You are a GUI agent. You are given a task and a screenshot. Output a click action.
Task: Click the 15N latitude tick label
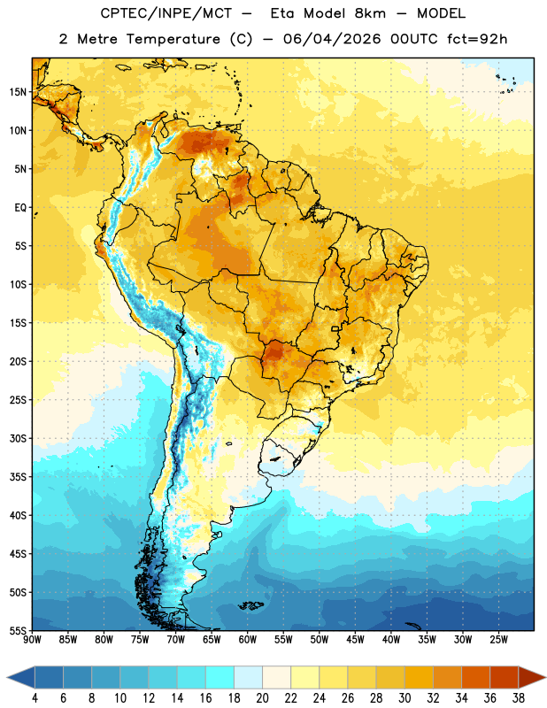[x=18, y=92]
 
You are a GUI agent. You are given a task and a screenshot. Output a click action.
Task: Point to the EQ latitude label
[x=20, y=208]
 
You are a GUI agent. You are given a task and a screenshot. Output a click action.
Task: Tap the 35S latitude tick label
[x=18, y=477]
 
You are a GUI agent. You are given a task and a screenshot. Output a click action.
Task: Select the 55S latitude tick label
[x=18, y=631]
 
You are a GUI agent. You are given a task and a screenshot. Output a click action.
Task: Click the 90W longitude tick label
[x=32, y=640]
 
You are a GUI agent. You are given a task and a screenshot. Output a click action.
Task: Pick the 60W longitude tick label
[x=248, y=640]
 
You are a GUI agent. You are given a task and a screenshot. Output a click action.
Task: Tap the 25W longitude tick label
[x=498, y=640]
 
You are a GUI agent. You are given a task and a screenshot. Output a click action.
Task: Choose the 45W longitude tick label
[x=355, y=640]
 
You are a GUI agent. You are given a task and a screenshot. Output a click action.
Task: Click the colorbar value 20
[x=262, y=698]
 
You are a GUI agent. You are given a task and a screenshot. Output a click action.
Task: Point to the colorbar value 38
[x=519, y=698]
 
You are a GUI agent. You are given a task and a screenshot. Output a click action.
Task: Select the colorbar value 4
[x=35, y=698]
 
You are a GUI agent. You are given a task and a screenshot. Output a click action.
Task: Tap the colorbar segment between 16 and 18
[x=220, y=677]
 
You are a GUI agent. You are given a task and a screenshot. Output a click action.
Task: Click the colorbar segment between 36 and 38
[x=505, y=677]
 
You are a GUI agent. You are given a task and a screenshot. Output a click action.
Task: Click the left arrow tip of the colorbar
[x=7, y=677]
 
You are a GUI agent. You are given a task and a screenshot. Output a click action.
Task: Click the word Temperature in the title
[x=173, y=39]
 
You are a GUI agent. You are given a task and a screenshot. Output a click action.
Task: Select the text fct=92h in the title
[x=477, y=39]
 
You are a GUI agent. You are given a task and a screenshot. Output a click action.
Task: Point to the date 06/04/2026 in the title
[x=332, y=39]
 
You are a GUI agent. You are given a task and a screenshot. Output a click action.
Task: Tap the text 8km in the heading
[x=370, y=13]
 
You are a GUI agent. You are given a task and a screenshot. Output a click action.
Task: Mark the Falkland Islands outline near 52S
[x=250, y=605]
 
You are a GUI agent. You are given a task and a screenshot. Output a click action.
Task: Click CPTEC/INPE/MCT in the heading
[x=166, y=13]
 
